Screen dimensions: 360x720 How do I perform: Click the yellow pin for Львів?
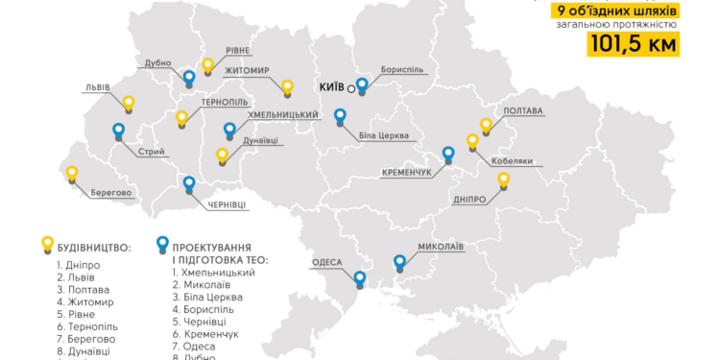[x=129, y=104]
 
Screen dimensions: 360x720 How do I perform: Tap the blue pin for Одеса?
[x=359, y=279]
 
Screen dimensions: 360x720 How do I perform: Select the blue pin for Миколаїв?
[x=400, y=261]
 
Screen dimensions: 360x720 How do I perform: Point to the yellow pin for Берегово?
[x=71, y=174]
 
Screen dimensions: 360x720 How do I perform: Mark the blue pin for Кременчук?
[x=447, y=154]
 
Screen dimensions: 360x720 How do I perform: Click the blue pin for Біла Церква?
[x=340, y=116]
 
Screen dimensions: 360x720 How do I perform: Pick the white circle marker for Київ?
[x=351, y=88]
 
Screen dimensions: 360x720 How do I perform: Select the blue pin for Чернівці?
[x=189, y=183]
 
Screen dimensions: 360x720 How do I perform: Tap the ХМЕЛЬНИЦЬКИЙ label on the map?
[x=283, y=115]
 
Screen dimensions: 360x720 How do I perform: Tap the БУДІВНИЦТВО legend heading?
[x=93, y=247]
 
